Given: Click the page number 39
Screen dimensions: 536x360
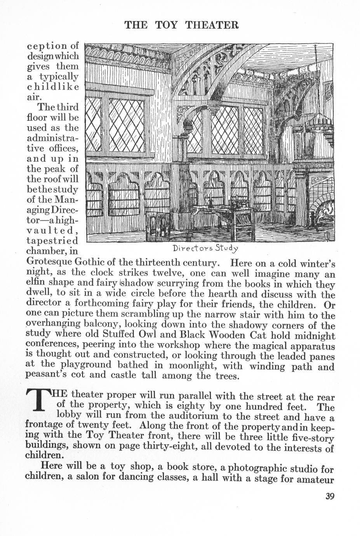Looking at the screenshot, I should (x=330, y=496).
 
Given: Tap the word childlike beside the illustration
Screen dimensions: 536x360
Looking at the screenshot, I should (x=53, y=86).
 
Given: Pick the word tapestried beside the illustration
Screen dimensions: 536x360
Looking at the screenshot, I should (x=52, y=241).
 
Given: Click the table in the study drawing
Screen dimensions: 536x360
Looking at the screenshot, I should (x=221, y=212).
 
